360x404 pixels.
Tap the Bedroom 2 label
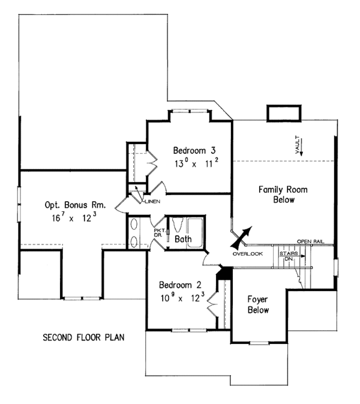point(182,285)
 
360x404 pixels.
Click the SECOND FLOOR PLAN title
point(83,337)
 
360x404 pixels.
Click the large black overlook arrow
point(243,237)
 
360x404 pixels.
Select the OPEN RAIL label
point(310,241)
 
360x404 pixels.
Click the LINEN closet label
point(151,201)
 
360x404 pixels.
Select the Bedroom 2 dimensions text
point(182,297)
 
